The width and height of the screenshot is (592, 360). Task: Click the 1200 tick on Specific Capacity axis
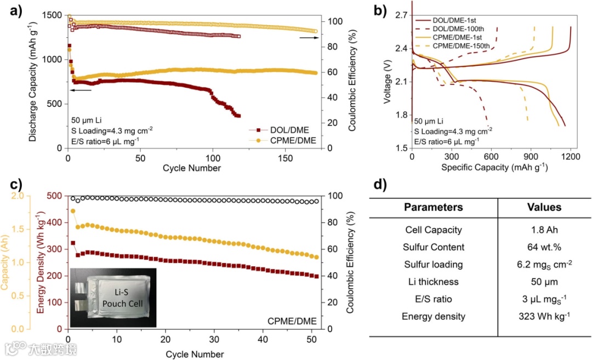click(570, 157)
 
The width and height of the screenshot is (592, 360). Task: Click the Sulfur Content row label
click(433, 247)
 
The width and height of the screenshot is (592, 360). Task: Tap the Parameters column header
click(433, 207)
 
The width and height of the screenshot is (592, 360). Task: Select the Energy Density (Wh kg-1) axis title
click(41, 262)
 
